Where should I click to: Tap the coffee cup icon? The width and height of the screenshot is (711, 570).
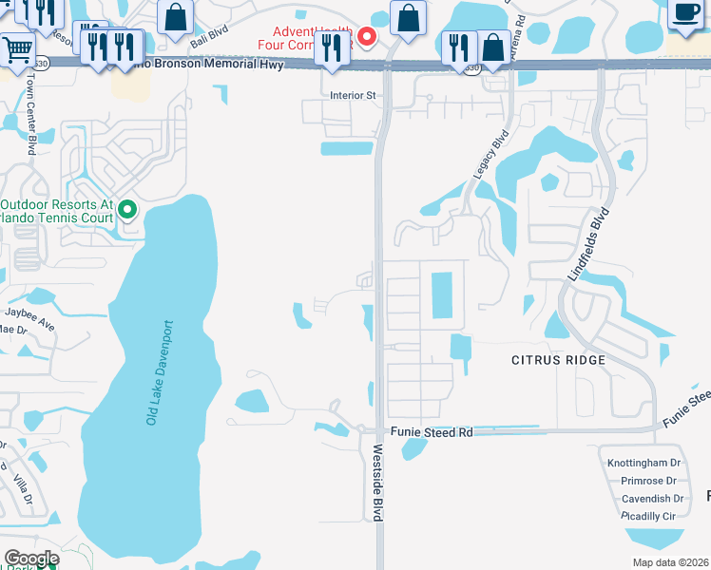(x=685, y=12)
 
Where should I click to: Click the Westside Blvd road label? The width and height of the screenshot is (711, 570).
(x=377, y=483)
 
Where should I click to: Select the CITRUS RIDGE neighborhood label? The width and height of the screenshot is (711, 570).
(x=558, y=360)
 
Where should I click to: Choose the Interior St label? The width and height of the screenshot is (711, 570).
(x=353, y=95)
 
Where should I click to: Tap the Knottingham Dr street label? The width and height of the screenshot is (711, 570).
(x=644, y=464)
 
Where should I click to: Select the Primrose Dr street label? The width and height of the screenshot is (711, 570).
(x=650, y=481)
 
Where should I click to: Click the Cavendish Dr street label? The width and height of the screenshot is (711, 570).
(x=651, y=498)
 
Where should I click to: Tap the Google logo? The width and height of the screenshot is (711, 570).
(x=31, y=559)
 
